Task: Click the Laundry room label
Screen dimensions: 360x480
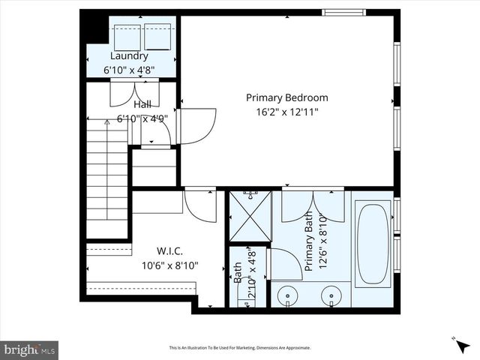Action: point(129,56)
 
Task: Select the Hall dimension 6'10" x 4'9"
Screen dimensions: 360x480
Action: point(142,118)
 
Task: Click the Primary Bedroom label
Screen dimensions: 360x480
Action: point(287,97)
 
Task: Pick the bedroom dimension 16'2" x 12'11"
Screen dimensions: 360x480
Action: point(287,112)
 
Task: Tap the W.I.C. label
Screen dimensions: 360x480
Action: point(169,251)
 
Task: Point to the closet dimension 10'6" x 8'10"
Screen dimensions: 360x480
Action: point(169,265)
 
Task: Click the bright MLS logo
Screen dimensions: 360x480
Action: point(29,349)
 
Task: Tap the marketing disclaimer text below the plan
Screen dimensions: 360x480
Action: point(239,348)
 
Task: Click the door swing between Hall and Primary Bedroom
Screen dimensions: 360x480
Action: point(198,124)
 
